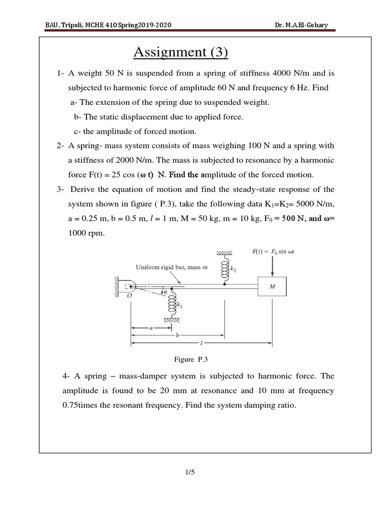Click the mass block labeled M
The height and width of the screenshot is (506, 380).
pyautogui.click(x=272, y=286)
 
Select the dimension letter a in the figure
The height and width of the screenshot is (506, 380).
pyautogui.click(x=150, y=327)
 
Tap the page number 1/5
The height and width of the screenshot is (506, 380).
pyautogui.click(x=190, y=472)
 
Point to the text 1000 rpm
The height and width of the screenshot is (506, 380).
pyautogui.click(x=86, y=234)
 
